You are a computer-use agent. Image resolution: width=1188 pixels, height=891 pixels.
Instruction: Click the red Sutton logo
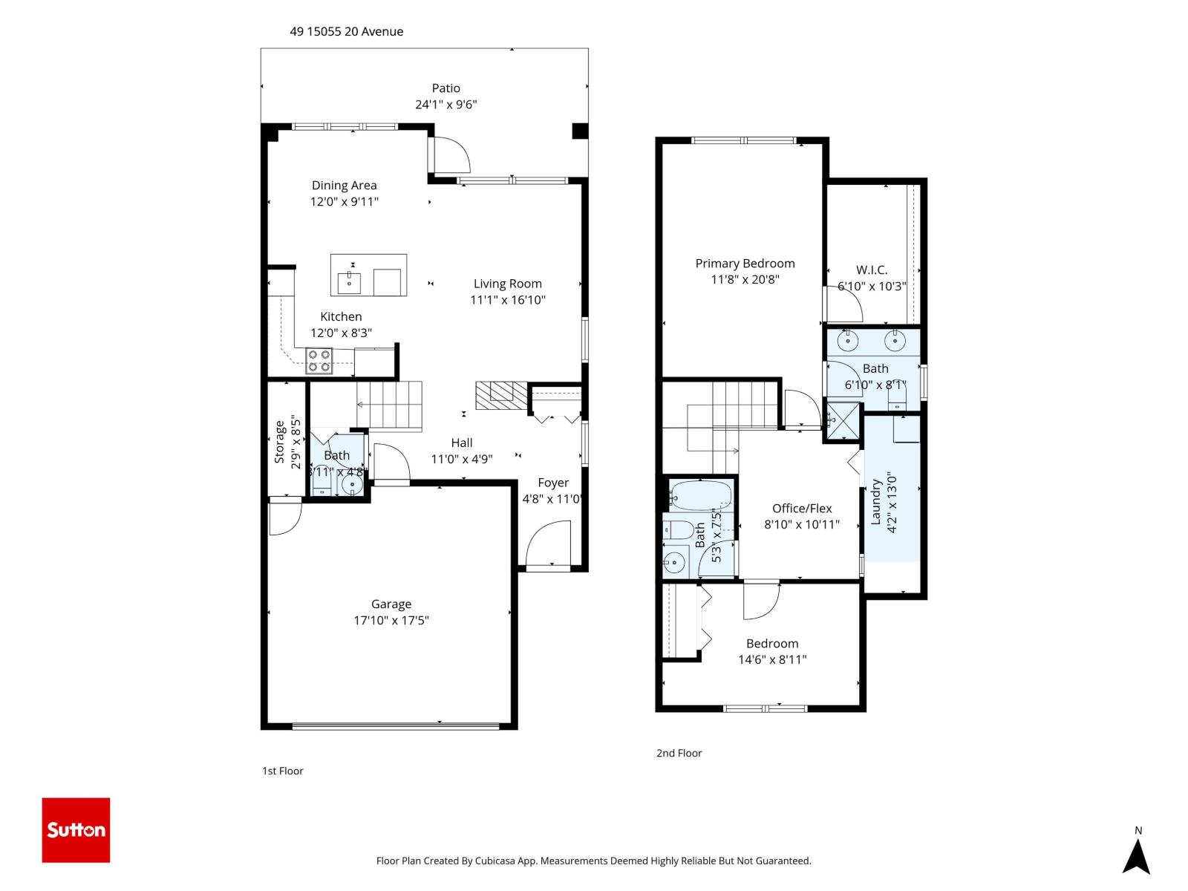click(76, 829)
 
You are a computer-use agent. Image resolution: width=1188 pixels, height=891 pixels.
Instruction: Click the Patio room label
click(446, 88)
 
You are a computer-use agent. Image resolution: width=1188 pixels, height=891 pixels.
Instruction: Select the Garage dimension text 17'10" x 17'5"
click(391, 621)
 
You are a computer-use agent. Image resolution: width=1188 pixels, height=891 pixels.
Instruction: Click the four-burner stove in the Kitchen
click(320, 361)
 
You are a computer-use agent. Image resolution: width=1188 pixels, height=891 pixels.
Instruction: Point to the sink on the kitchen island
click(349, 282)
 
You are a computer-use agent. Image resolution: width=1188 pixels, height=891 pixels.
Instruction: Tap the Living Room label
click(507, 284)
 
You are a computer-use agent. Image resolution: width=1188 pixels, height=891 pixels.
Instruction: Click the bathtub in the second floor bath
click(700, 494)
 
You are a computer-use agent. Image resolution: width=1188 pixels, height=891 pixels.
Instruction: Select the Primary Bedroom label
click(745, 264)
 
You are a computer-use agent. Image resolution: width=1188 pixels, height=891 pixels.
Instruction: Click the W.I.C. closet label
click(871, 270)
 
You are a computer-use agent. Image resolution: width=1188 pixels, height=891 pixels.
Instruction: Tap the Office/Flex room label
click(802, 509)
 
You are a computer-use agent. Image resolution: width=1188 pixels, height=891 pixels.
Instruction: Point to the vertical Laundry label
click(875, 503)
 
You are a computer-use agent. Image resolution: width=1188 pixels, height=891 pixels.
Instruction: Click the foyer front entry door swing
click(547, 546)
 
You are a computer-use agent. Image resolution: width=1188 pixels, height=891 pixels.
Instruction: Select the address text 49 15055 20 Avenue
click(347, 31)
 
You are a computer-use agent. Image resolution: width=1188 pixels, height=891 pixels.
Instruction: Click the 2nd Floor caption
click(679, 753)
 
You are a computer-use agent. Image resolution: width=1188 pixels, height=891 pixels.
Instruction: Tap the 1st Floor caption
click(282, 771)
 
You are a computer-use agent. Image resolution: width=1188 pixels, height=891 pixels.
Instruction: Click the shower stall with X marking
click(843, 421)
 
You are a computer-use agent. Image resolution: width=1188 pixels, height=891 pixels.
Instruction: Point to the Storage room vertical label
click(280, 442)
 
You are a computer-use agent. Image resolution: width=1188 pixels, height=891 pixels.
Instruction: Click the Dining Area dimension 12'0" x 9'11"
click(344, 202)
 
